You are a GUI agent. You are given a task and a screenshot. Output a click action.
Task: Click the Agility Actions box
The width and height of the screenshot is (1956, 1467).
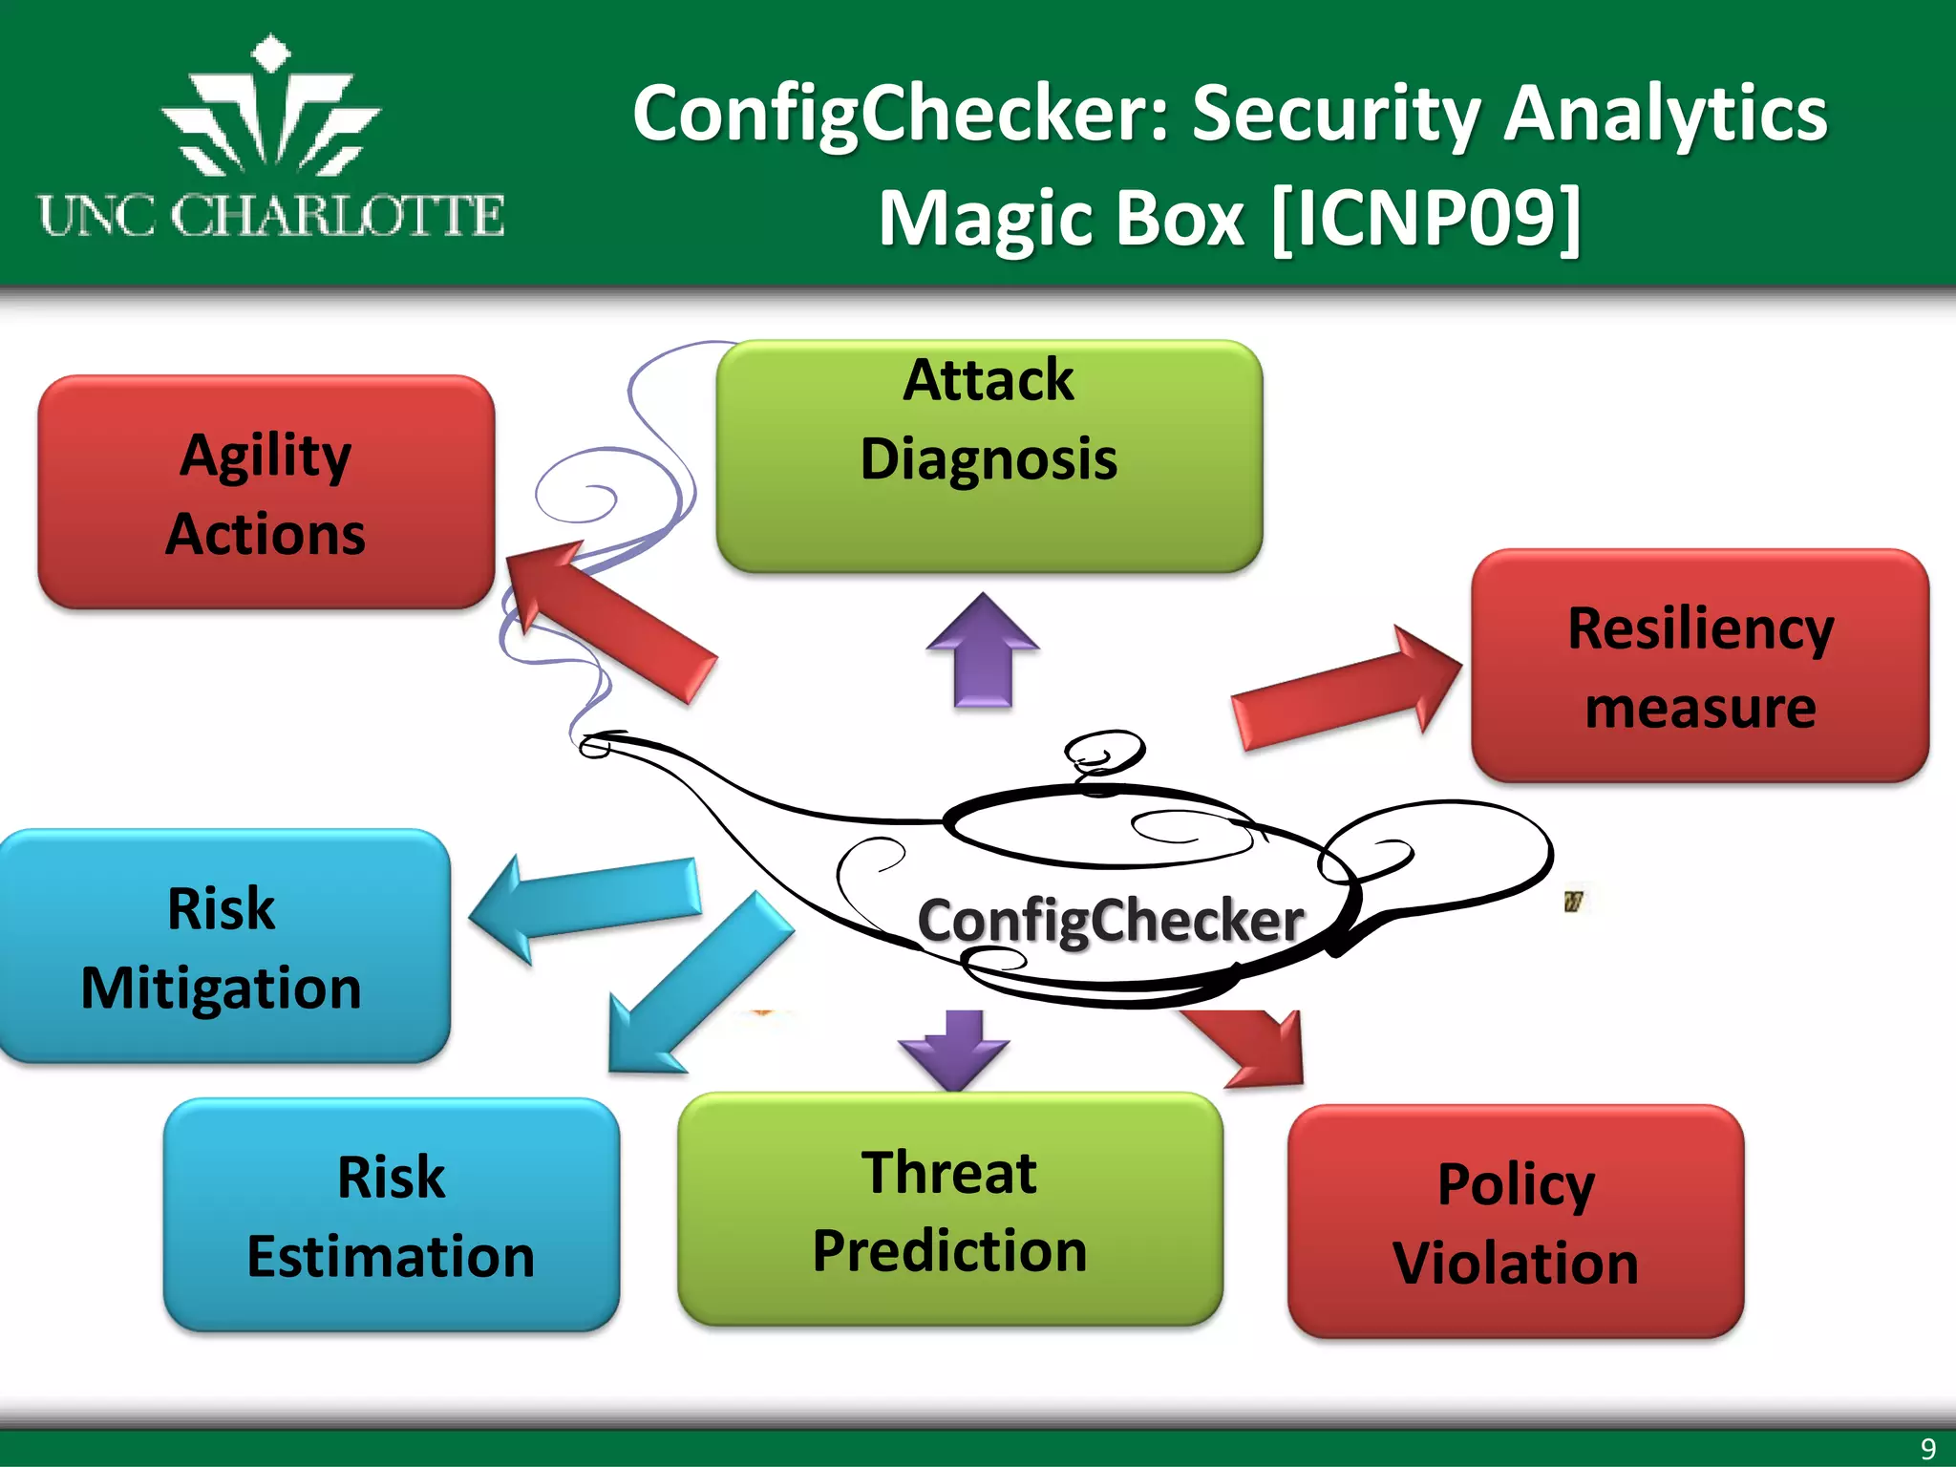[266, 493]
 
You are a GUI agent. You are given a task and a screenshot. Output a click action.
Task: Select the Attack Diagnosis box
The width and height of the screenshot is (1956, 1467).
[989, 457]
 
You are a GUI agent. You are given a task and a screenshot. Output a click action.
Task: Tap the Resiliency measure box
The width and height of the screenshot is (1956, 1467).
[1700, 666]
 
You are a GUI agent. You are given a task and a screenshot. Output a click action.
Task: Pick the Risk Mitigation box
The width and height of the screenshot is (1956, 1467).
[222, 946]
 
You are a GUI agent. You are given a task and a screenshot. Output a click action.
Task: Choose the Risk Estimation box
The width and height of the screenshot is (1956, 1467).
[391, 1215]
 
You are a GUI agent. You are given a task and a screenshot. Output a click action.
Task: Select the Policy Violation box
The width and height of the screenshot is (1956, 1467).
[1516, 1222]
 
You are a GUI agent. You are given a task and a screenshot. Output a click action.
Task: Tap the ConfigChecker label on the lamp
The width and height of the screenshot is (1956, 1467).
[1111, 921]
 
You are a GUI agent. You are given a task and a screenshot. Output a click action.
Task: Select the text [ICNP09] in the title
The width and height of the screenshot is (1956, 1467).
[1426, 219]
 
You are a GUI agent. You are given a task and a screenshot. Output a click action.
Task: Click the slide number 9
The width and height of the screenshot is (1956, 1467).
[1927, 1448]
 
